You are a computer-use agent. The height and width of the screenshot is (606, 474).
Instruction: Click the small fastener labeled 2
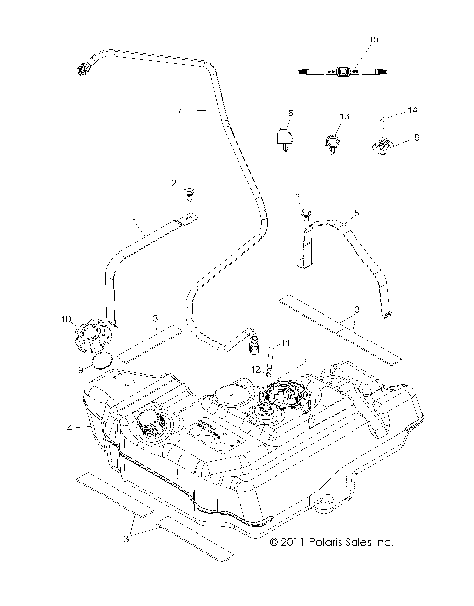click(188, 190)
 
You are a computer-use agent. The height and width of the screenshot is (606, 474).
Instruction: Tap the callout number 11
click(286, 342)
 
